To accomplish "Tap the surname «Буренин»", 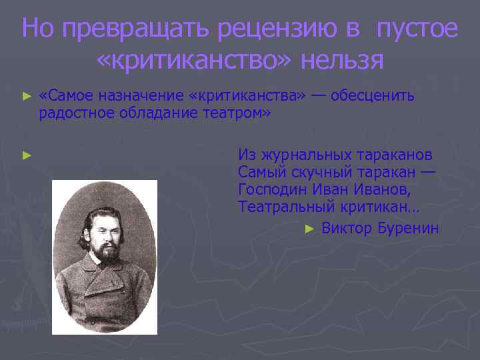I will (x=408, y=229).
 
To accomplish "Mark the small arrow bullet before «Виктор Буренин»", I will (x=309, y=229).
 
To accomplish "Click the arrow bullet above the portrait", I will (x=27, y=155).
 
